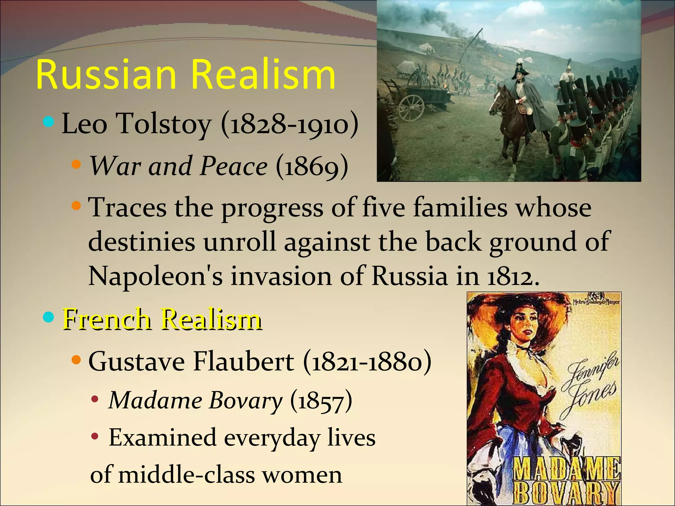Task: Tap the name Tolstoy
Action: [x=164, y=124]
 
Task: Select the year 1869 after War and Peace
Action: [x=312, y=166]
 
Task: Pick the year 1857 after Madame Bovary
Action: [x=321, y=401]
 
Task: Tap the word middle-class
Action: [x=187, y=475]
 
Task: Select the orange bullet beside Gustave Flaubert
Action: [x=76, y=360]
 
